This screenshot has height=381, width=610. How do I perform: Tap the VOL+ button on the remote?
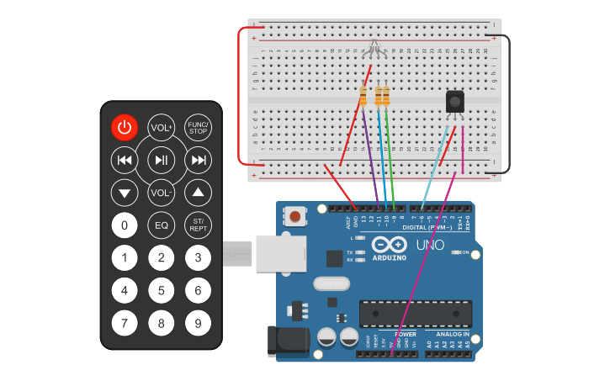(x=161, y=128)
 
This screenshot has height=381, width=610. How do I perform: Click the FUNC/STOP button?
(x=198, y=128)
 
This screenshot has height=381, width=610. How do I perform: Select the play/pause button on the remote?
(x=161, y=160)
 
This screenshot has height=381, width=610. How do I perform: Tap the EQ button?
(x=161, y=225)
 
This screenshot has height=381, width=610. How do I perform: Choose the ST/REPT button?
(x=198, y=225)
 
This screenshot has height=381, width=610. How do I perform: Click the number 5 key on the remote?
(x=161, y=291)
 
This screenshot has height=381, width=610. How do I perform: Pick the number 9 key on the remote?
(x=198, y=322)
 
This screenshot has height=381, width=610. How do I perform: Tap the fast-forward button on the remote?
(x=198, y=160)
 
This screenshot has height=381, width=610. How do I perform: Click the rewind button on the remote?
(x=125, y=160)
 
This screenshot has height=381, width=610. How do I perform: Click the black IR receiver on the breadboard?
(x=455, y=102)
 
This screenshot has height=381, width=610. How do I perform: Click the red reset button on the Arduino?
(x=295, y=217)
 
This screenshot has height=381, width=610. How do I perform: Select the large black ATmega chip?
(x=412, y=313)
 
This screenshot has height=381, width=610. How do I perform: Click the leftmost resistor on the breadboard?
(x=363, y=96)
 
